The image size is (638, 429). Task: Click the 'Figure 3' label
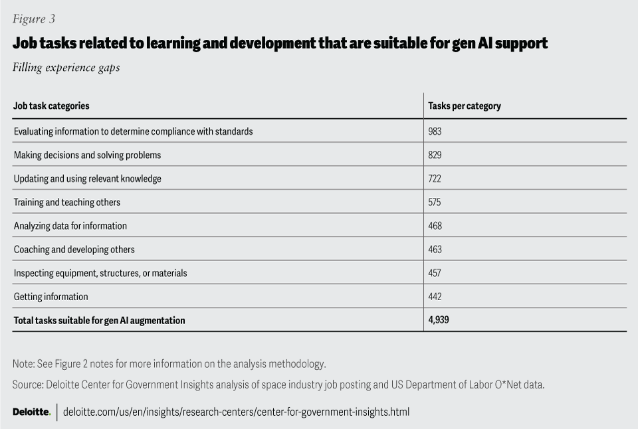33,19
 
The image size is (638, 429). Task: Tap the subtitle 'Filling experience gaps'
66,67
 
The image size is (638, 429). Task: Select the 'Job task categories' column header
51,106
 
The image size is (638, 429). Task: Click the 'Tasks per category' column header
465,106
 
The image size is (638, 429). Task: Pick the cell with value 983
435,131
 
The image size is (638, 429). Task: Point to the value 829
435,155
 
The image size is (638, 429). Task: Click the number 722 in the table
435,179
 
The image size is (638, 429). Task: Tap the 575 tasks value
435,202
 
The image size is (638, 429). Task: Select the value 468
435,226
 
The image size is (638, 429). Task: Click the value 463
435,249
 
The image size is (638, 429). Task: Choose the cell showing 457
435,273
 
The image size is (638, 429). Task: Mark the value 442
435,296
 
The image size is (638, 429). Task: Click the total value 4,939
439,320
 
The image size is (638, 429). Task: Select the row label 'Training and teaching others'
67,202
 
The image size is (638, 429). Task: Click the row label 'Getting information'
51,296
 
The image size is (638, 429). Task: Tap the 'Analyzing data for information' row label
70,226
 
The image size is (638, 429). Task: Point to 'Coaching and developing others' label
74,249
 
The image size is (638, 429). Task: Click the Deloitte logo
31,412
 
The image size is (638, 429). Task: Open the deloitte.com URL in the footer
236,412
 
